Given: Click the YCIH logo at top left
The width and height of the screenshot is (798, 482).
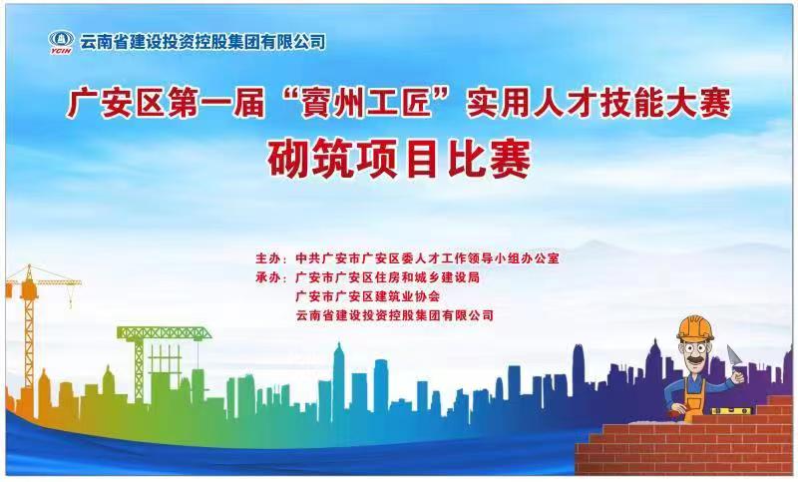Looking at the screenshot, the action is tap(61, 42).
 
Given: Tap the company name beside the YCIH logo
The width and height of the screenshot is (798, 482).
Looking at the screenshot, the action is tap(202, 42).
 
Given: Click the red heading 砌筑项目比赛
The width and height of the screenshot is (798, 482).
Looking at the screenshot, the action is tap(399, 160).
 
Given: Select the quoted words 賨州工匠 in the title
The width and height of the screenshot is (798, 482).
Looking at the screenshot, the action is tap(366, 104).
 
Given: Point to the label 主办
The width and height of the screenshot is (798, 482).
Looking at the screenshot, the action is tap(268, 258).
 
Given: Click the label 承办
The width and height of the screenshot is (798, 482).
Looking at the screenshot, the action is tap(268, 277).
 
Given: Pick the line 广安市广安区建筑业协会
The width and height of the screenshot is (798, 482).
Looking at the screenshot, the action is tap(367, 296).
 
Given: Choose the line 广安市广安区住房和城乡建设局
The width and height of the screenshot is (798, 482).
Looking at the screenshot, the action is tap(388, 277).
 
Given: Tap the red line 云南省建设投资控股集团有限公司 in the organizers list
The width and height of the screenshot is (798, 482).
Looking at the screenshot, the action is tap(395, 315).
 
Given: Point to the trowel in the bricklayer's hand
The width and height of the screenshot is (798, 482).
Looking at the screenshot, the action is tap(734, 357).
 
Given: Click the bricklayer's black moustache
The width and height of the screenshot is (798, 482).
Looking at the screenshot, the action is tap(695, 361).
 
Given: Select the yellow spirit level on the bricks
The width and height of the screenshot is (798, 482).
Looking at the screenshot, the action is tap(731, 410).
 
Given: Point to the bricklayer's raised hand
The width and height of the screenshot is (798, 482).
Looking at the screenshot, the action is tap(737, 375).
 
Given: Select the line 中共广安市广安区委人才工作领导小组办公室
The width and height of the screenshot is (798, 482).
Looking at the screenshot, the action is tap(428, 258).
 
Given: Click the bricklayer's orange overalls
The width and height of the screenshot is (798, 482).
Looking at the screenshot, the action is tap(694, 394).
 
